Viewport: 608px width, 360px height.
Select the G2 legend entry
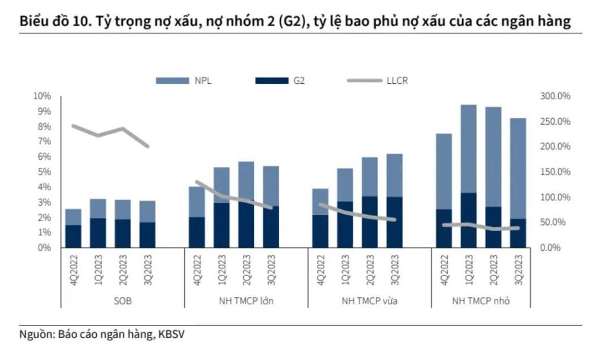(298, 81)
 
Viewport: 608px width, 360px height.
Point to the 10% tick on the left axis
(43, 96)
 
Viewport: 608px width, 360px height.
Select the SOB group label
(123, 301)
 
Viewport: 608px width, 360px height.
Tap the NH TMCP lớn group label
(246, 301)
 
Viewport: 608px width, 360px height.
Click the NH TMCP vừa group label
(369, 301)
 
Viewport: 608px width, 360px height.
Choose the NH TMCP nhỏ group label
(481, 301)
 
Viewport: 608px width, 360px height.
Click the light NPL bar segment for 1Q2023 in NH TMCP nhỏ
(468, 149)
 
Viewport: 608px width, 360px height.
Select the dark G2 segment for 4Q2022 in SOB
(74, 236)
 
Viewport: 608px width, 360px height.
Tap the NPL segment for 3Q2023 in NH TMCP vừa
(394, 175)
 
